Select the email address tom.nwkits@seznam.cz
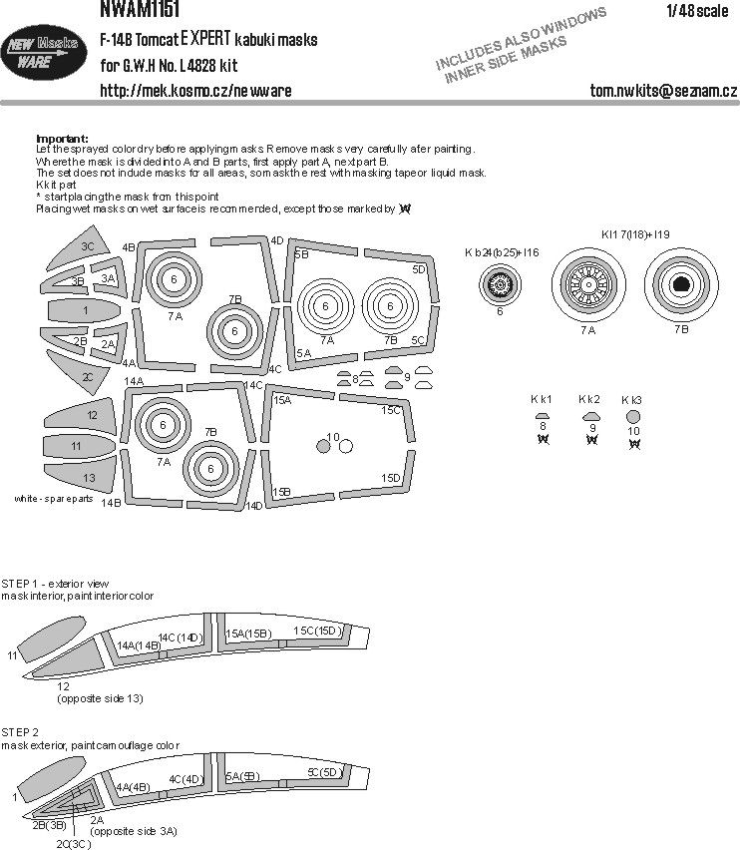tap(663, 91)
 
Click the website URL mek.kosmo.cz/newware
tap(195, 91)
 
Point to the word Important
tap(61, 138)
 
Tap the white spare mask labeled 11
tap(77, 446)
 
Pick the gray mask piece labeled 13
tap(85, 476)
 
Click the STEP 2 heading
tap(19, 731)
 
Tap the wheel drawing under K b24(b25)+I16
tap(500, 287)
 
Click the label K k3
tap(632, 400)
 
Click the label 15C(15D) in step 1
tap(317, 632)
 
